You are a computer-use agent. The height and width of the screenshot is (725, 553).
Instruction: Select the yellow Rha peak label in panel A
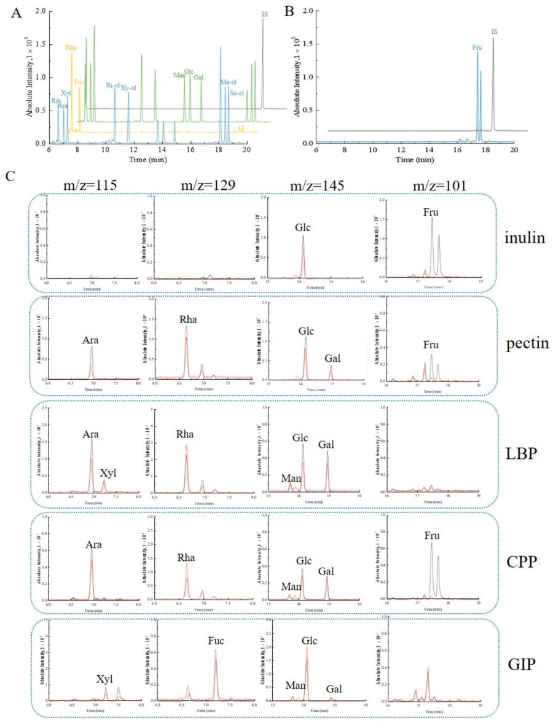click(71, 47)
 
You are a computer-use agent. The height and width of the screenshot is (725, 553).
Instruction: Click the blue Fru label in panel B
click(477, 47)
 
